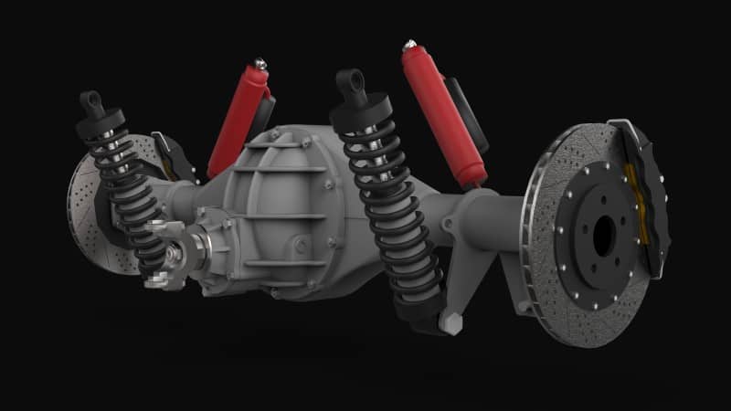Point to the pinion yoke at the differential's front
(x=169, y=251)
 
